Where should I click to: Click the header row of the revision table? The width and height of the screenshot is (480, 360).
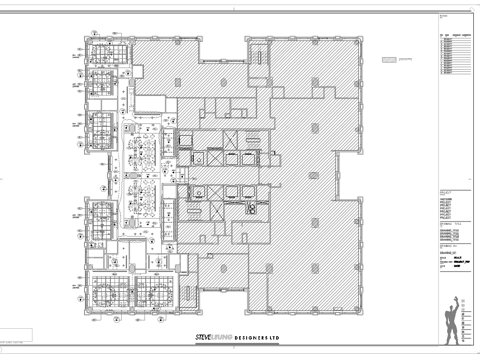coord(452,33)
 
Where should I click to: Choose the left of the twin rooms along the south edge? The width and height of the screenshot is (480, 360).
coord(112,291)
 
